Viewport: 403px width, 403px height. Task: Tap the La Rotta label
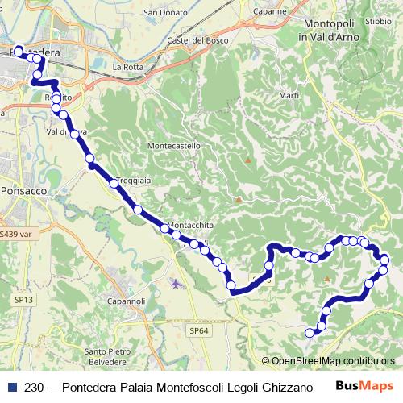(x=127, y=66)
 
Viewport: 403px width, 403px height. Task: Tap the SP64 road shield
(x=199, y=330)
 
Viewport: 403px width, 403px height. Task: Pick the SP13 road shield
(x=23, y=300)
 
